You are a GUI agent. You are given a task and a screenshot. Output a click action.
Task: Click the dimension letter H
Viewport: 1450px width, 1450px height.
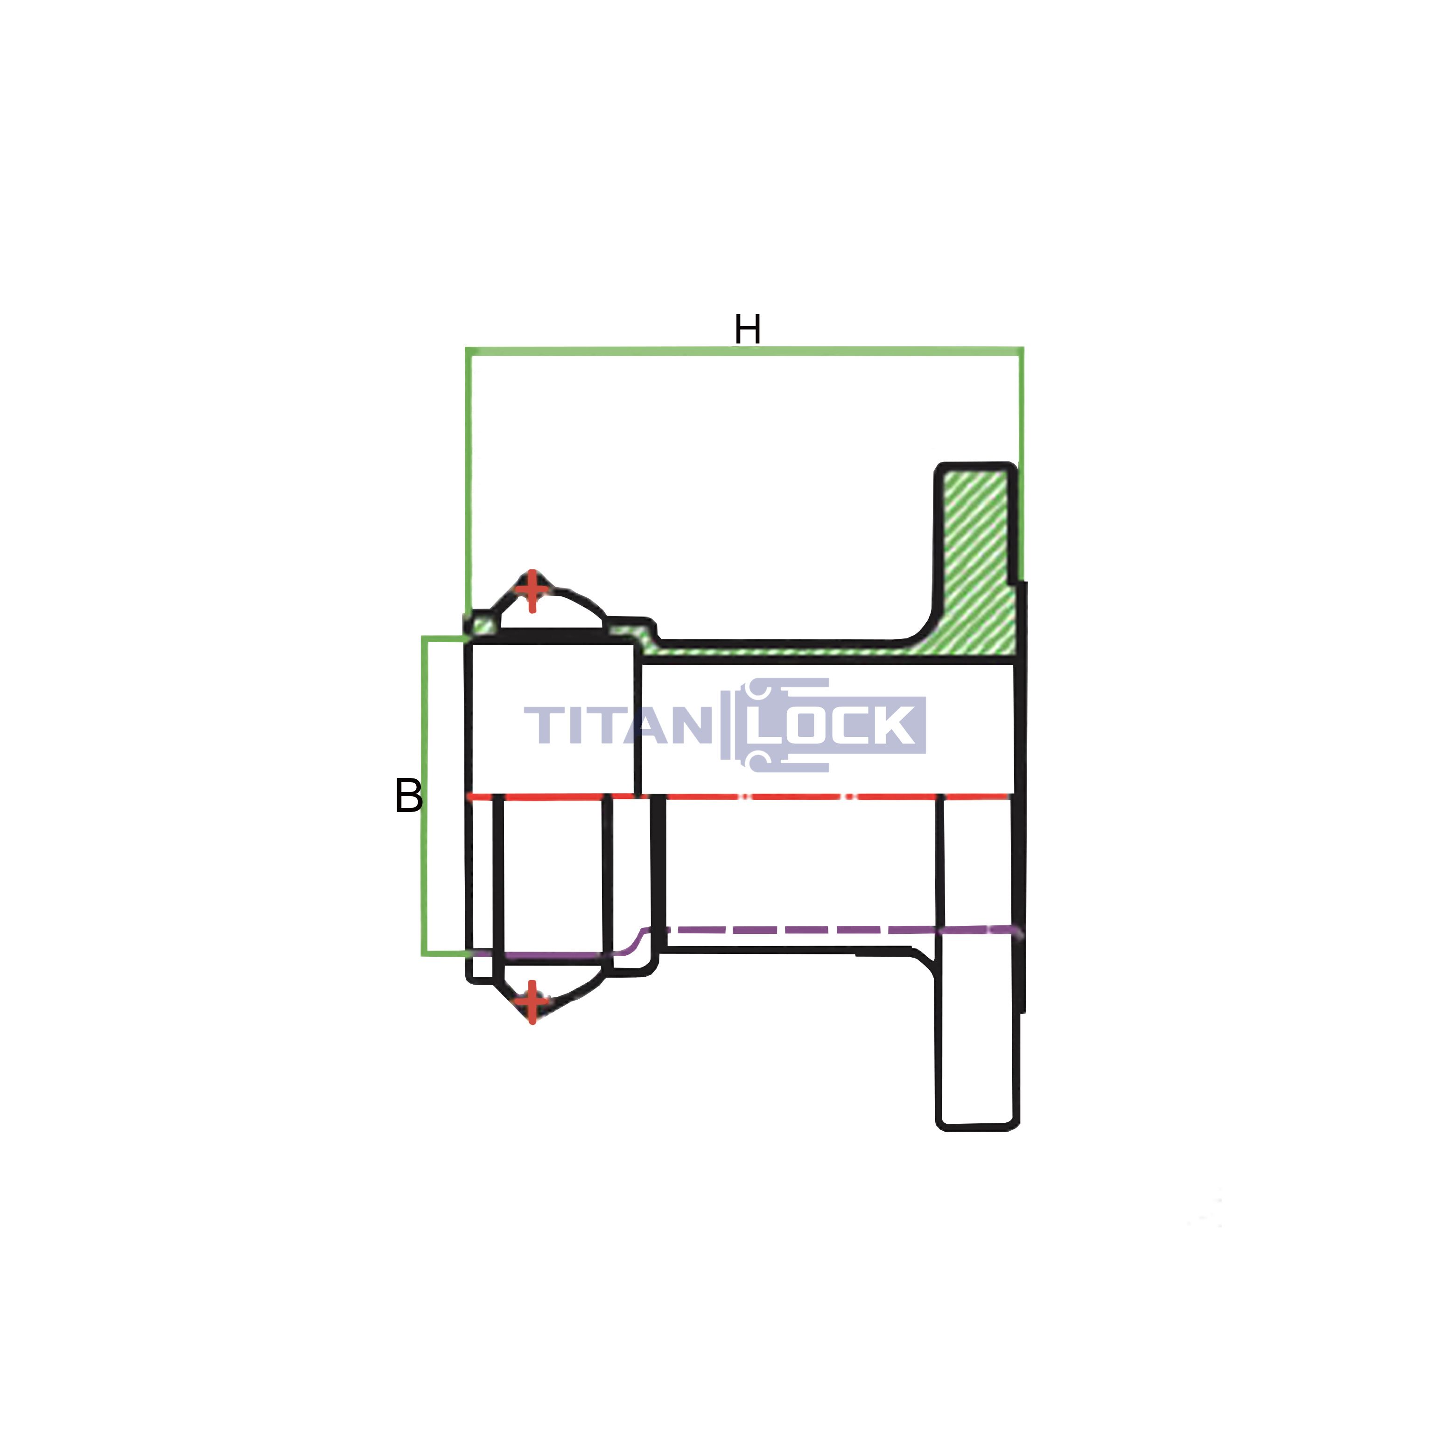[748, 329]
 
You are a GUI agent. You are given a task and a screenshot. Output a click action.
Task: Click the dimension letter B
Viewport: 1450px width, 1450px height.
[408, 796]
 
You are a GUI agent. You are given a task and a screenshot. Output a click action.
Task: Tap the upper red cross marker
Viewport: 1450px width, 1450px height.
[532, 591]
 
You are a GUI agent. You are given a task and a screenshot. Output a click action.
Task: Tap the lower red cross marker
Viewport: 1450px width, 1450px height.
[532, 1002]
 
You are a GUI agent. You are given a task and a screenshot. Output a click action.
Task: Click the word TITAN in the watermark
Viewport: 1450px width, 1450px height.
[618, 725]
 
